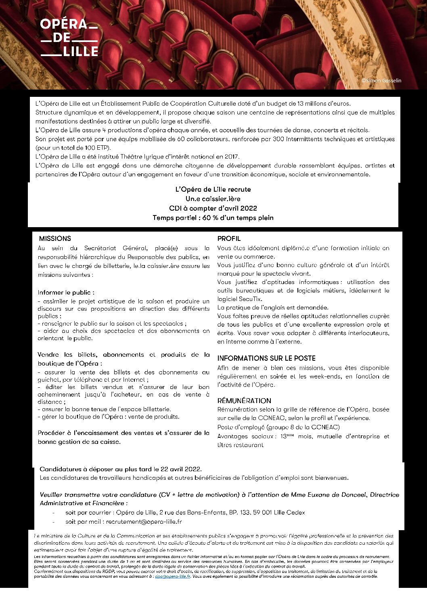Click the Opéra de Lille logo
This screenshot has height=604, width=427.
(69, 38)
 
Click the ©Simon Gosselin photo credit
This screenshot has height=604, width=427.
(381, 81)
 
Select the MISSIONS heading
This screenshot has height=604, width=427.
(55, 238)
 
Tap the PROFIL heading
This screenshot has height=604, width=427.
(229, 238)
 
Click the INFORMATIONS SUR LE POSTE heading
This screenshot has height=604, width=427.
(266, 358)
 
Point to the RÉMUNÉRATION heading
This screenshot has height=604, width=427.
(244, 401)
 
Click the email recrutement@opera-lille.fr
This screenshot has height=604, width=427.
(144, 522)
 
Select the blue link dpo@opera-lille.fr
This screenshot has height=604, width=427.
(173, 577)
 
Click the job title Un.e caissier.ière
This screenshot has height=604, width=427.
(213, 199)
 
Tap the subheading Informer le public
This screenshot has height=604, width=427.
(66, 293)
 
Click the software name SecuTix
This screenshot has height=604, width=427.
(250, 299)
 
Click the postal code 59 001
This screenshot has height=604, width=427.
(262, 513)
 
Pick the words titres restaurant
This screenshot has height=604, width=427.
(241, 445)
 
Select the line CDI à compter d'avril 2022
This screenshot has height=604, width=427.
(213, 209)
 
